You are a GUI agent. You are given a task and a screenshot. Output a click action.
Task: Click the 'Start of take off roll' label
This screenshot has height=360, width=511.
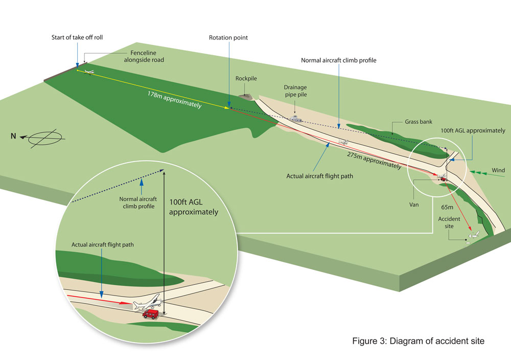coord(80,37)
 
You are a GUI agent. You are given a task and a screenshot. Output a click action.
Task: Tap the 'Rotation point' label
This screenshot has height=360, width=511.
coord(229,37)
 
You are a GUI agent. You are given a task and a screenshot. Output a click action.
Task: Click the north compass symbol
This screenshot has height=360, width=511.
coord(46,138)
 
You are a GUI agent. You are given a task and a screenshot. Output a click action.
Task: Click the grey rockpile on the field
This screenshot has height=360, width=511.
coord(245,95)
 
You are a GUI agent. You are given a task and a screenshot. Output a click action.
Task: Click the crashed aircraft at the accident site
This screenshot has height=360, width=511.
coord(473,236)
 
